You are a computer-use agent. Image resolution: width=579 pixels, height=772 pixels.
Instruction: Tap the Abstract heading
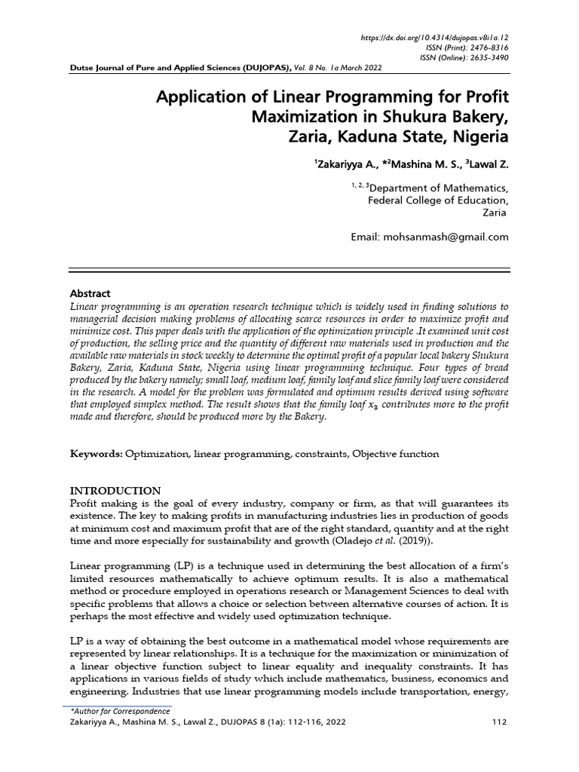click(90, 293)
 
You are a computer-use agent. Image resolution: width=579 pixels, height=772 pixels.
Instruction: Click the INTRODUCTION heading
click(115, 491)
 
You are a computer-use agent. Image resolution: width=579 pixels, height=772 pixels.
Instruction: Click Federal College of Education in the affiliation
click(437, 201)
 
